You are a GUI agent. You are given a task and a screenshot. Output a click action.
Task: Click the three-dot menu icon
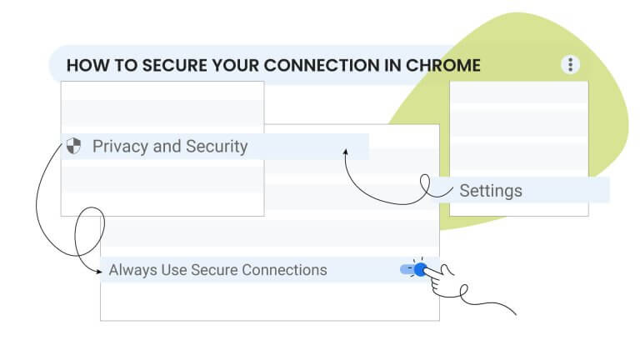[570, 65]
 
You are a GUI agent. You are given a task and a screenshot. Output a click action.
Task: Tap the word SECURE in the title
[166, 65]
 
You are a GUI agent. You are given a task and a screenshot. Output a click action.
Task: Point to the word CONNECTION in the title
[314, 65]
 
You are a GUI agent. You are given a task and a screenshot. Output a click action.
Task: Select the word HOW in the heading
[83, 65]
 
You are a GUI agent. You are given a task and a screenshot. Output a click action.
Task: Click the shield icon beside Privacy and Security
[73, 147]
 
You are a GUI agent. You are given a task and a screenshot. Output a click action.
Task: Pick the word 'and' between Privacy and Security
[167, 147]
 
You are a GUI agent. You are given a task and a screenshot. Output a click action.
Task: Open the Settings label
[491, 191]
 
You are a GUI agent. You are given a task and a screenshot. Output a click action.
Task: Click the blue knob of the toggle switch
[421, 269]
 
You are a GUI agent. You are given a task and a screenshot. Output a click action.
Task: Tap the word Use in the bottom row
[175, 270]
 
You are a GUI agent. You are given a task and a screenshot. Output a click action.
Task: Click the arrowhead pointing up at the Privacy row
[344, 152]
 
